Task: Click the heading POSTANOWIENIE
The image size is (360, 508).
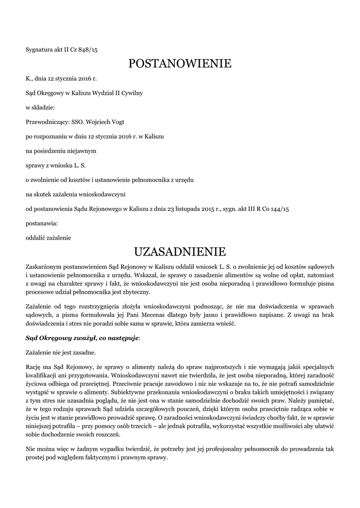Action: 180,63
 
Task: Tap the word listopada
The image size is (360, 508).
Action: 188,209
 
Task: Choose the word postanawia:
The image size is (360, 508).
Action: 42,223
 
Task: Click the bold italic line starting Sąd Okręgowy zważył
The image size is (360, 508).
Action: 83,338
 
